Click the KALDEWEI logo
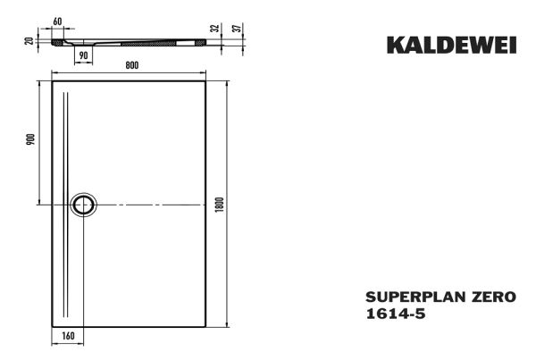point(451,46)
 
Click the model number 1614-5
point(396,314)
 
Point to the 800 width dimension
point(132,65)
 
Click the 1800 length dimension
point(219,205)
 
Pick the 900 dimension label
point(30,139)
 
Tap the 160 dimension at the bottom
point(68,336)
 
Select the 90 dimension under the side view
point(83,55)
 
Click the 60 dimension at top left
point(57,21)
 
